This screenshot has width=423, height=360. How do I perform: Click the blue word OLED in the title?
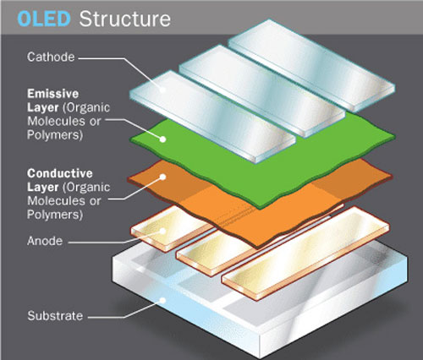pyautogui.click(x=44, y=19)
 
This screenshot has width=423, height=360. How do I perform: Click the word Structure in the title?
pyautogui.click(x=125, y=19)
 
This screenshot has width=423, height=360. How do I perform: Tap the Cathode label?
pyautogui.click(x=51, y=57)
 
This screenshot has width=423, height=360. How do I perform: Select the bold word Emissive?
pyautogui.click(x=53, y=94)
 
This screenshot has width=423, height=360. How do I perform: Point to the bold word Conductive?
pyautogui.click(x=60, y=173)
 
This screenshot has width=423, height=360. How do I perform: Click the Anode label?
pyautogui.click(x=45, y=241)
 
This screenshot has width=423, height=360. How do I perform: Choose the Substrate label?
pyautogui.click(x=55, y=316)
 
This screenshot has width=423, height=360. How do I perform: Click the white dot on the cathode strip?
pyautogui.click(x=162, y=90)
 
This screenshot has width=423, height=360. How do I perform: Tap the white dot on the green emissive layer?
pyautogui.click(x=162, y=139)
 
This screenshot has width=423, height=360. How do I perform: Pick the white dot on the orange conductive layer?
pyautogui.click(x=162, y=177)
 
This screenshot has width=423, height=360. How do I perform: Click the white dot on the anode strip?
pyautogui.click(x=162, y=231)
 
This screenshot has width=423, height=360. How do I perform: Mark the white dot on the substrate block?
pyautogui.click(x=162, y=300)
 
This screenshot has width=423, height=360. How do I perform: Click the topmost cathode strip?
pyautogui.click(x=311, y=65)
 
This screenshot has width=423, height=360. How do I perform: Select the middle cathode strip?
pyautogui.click(x=262, y=90)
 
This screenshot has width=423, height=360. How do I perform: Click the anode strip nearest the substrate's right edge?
pyautogui.click(x=306, y=253)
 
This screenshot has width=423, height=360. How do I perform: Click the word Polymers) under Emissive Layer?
pyautogui.click(x=55, y=135)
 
